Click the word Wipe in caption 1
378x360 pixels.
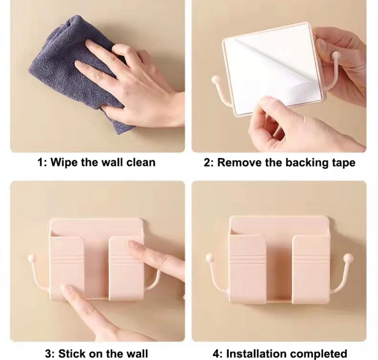pyautogui.click(x=64, y=163)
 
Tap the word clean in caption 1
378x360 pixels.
pyautogui.click(x=141, y=163)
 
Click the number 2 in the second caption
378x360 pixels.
pyautogui.click(x=207, y=163)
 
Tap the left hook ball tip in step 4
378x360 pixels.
pyautogui.click(x=209, y=257)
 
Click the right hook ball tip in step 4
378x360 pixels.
pyautogui.click(x=348, y=257)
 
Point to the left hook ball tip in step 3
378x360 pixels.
pyautogui.click(x=31, y=258)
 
